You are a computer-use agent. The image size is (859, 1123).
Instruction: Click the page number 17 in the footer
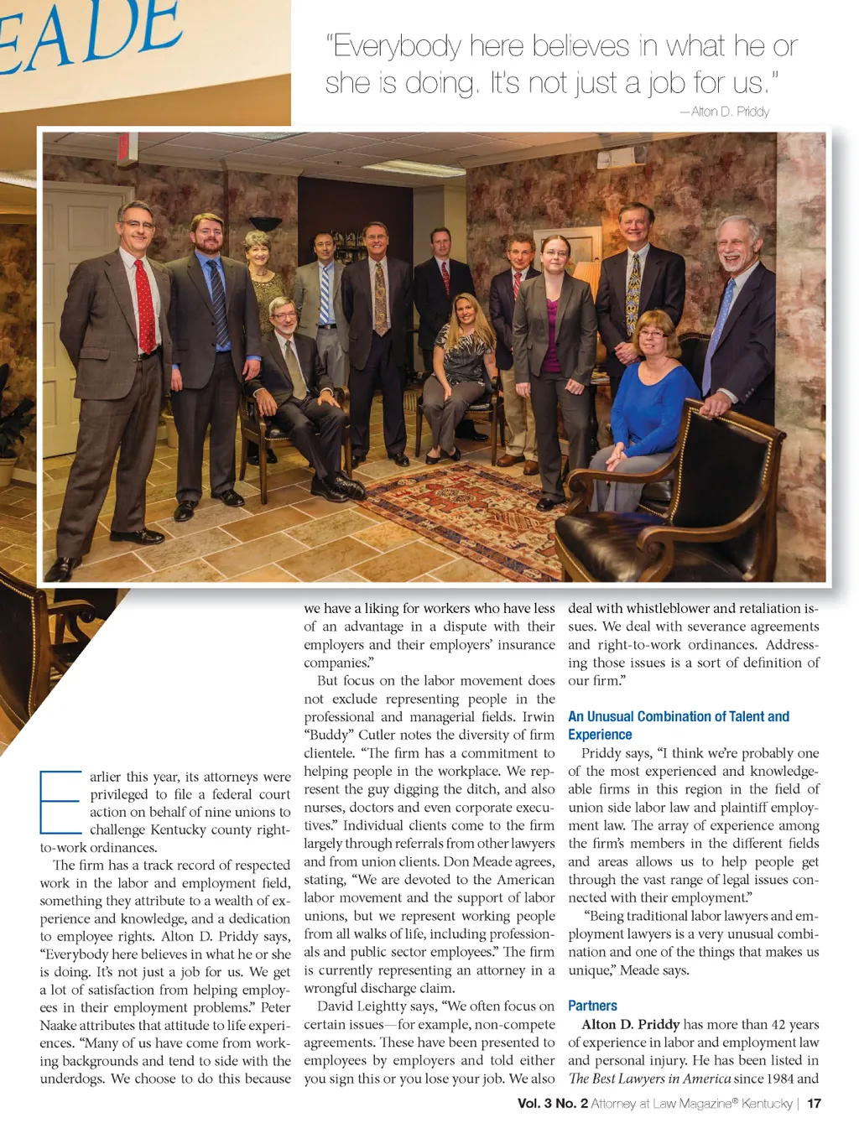coord(814,1103)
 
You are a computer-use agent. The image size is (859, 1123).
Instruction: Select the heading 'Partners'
coord(592,1006)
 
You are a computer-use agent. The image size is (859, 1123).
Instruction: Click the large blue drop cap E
coord(60,801)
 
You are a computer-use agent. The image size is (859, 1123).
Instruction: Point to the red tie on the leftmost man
coord(144,307)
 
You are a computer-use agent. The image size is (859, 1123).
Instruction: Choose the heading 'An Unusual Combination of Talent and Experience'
coord(678,725)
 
